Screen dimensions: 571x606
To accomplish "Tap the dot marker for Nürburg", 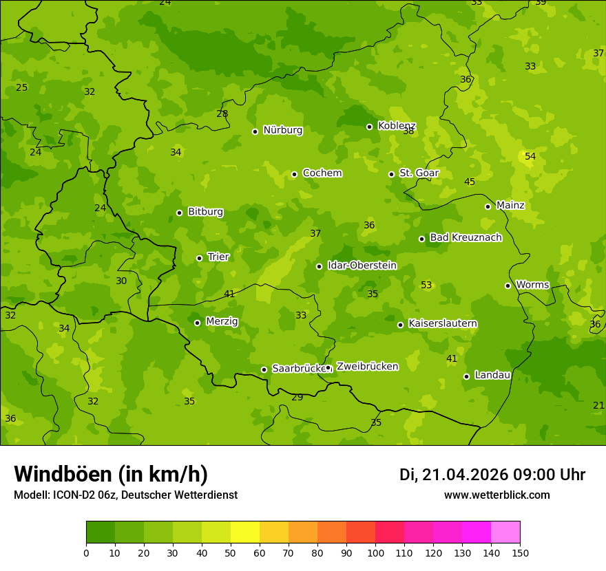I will (255, 131).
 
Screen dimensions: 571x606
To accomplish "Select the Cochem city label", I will (322, 173).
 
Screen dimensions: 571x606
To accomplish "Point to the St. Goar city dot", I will (391, 174).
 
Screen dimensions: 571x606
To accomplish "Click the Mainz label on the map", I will (510, 206).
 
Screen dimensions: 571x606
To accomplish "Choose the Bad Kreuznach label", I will (466, 238).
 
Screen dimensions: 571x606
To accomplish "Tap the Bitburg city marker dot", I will (179, 213).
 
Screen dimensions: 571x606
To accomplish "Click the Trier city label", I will (218, 257).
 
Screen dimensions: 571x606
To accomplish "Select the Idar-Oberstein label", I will (362, 266).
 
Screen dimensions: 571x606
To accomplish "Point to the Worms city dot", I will (508, 285).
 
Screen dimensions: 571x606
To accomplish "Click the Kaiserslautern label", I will (443, 324).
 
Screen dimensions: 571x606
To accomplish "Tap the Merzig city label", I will (222, 322).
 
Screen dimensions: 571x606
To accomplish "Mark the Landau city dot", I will (466, 376).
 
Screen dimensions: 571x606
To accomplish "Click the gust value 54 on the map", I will (530, 157).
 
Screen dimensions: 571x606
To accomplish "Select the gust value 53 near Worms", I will (426, 285).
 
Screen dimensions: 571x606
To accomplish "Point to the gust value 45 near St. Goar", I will (469, 182).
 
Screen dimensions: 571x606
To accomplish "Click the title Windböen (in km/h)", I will (111, 474).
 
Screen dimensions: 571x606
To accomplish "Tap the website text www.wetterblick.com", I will (497, 495).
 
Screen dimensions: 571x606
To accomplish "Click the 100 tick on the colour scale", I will (375, 552).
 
